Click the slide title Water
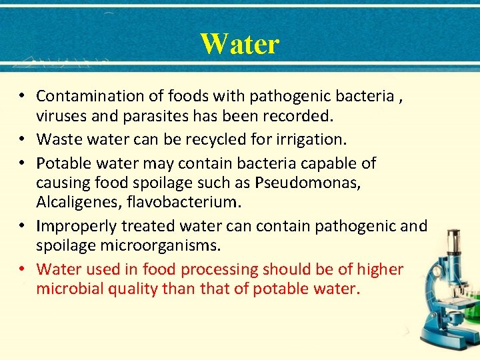239,44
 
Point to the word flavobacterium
194,202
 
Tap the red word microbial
69,289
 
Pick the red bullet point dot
23,269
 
